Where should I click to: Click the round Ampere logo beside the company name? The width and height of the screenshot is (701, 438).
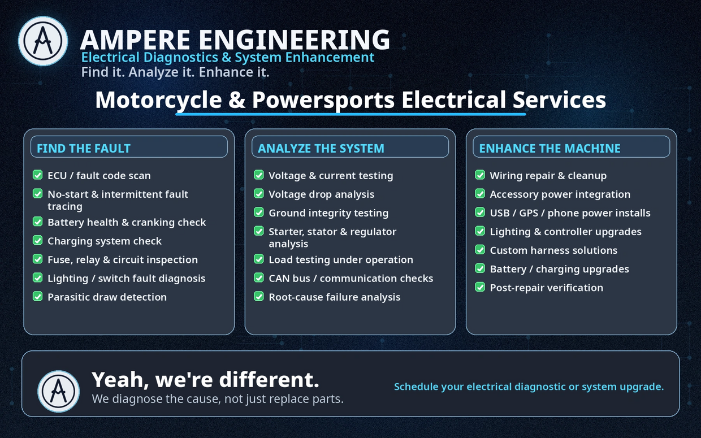(x=43, y=41)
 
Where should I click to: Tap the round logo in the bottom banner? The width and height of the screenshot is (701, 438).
(x=59, y=391)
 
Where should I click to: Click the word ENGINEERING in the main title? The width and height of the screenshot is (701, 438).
(x=294, y=40)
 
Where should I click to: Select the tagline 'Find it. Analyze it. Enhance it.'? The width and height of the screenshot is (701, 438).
(x=175, y=72)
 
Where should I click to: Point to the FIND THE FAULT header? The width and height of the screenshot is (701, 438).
(x=84, y=148)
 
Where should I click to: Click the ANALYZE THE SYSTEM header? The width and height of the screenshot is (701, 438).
(x=321, y=148)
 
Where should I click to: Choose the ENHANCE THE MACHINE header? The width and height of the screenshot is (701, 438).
(x=549, y=148)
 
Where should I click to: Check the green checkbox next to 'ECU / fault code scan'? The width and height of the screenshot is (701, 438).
(x=37, y=175)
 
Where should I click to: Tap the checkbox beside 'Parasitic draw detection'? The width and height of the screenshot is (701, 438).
(x=37, y=296)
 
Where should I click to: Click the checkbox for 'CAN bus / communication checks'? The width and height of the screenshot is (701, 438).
(x=259, y=277)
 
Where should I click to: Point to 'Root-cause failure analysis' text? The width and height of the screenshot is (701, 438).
(x=335, y=297)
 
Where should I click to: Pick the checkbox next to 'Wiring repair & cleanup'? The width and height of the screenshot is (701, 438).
(x=480, y=175)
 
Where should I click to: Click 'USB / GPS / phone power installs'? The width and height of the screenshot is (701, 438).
(x=570, y=213)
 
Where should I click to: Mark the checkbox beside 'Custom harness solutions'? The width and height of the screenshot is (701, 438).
(x=480, y=250)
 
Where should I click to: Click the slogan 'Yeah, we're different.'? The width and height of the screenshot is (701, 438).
(x=205, y=380)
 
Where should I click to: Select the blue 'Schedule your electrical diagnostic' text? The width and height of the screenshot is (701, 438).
(x=529, y=387)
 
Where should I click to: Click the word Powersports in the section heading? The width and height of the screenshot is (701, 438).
(x=323, y=100)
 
